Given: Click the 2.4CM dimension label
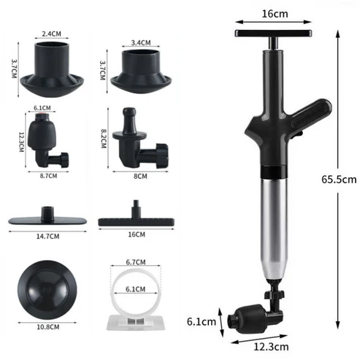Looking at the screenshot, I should (x=52, y=34).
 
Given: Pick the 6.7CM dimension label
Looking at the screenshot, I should (x=133, y=261).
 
